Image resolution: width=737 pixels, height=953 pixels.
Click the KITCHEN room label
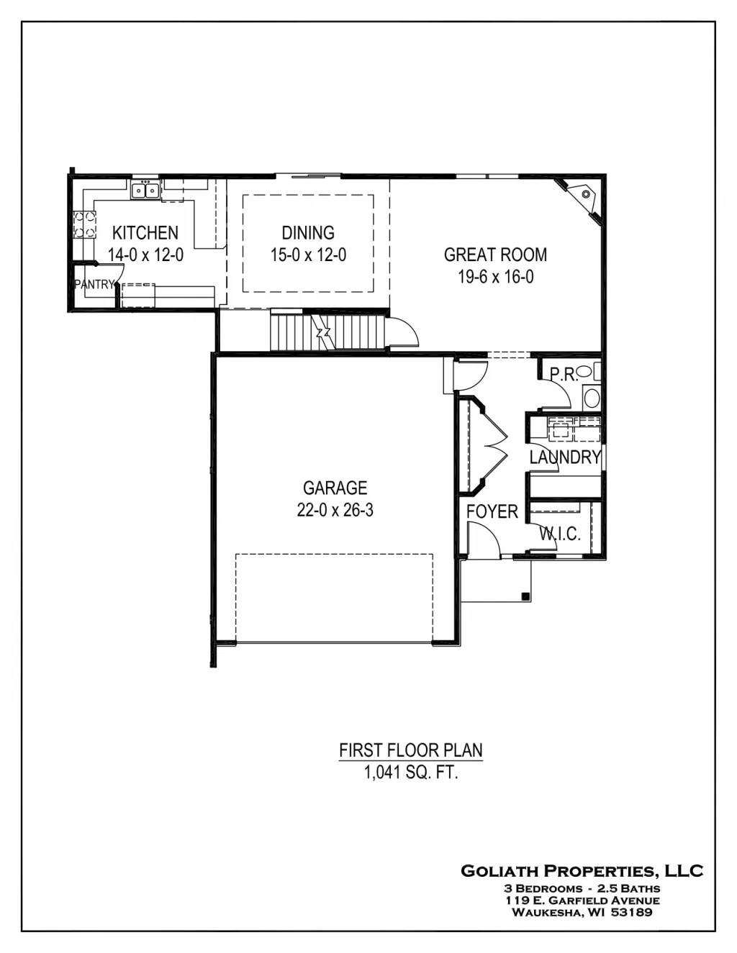[145, 233]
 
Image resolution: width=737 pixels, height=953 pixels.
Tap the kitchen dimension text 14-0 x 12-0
[145, 255]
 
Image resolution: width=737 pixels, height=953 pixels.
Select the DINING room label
[308, 233]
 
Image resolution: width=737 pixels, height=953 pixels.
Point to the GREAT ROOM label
[495, 255]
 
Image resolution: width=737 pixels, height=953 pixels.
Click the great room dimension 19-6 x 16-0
[495, 276]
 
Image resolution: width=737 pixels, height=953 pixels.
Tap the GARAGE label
[335, 488]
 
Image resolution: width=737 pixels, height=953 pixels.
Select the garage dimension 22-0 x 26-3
[335, 511]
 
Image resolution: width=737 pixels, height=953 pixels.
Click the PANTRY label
[94, 285]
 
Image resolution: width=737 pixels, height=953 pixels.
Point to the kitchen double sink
[145, 191]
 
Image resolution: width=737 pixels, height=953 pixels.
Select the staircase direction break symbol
[323, 332]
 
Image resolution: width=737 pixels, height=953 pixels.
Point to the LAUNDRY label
[565, 457]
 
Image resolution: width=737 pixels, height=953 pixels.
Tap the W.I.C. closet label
[560, 534]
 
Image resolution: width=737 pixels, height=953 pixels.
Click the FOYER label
[492, 512]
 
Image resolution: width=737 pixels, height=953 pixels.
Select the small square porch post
[525, 596]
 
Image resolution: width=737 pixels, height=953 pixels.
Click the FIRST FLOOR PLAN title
[410, 751]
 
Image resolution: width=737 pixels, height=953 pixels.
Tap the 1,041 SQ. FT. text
[410, 773]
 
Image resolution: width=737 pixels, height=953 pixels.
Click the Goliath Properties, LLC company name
[582, 871]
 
